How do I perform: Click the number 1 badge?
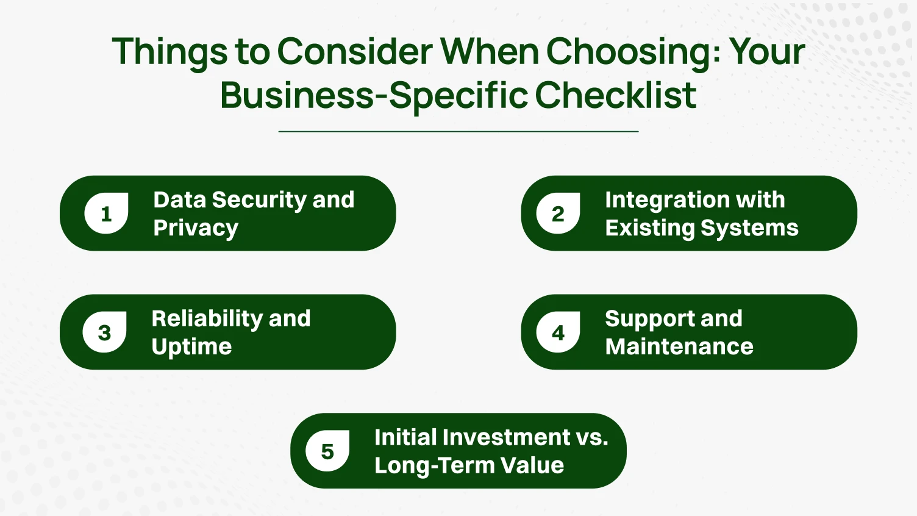[106, 213]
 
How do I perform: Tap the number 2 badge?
[558, 213]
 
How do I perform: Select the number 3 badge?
[104, 332]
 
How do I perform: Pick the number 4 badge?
[558, 332]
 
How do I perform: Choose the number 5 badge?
[327, 451]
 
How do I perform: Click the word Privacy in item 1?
[196, 228]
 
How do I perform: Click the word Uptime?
[191, 346]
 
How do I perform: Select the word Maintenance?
[679, 346]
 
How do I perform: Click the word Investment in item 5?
[507, 437]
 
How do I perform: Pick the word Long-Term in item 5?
[434, 465]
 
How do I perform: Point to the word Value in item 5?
[532, 465]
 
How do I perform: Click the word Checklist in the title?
[616, 96]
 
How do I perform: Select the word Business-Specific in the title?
[374, 96]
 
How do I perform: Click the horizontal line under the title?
[458, 131]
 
